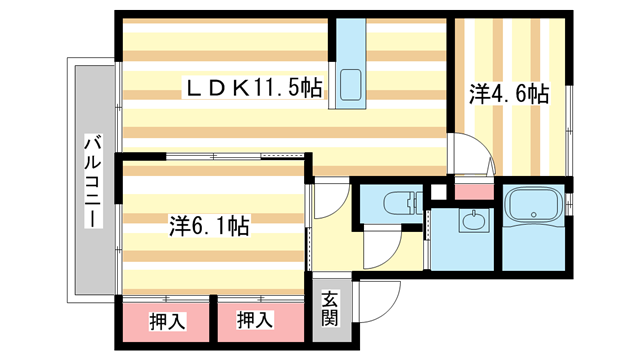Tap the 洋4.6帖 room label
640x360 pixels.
510,95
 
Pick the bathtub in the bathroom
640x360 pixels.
535,208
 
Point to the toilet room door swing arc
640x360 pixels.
385,250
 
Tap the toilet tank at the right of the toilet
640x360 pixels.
413,203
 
